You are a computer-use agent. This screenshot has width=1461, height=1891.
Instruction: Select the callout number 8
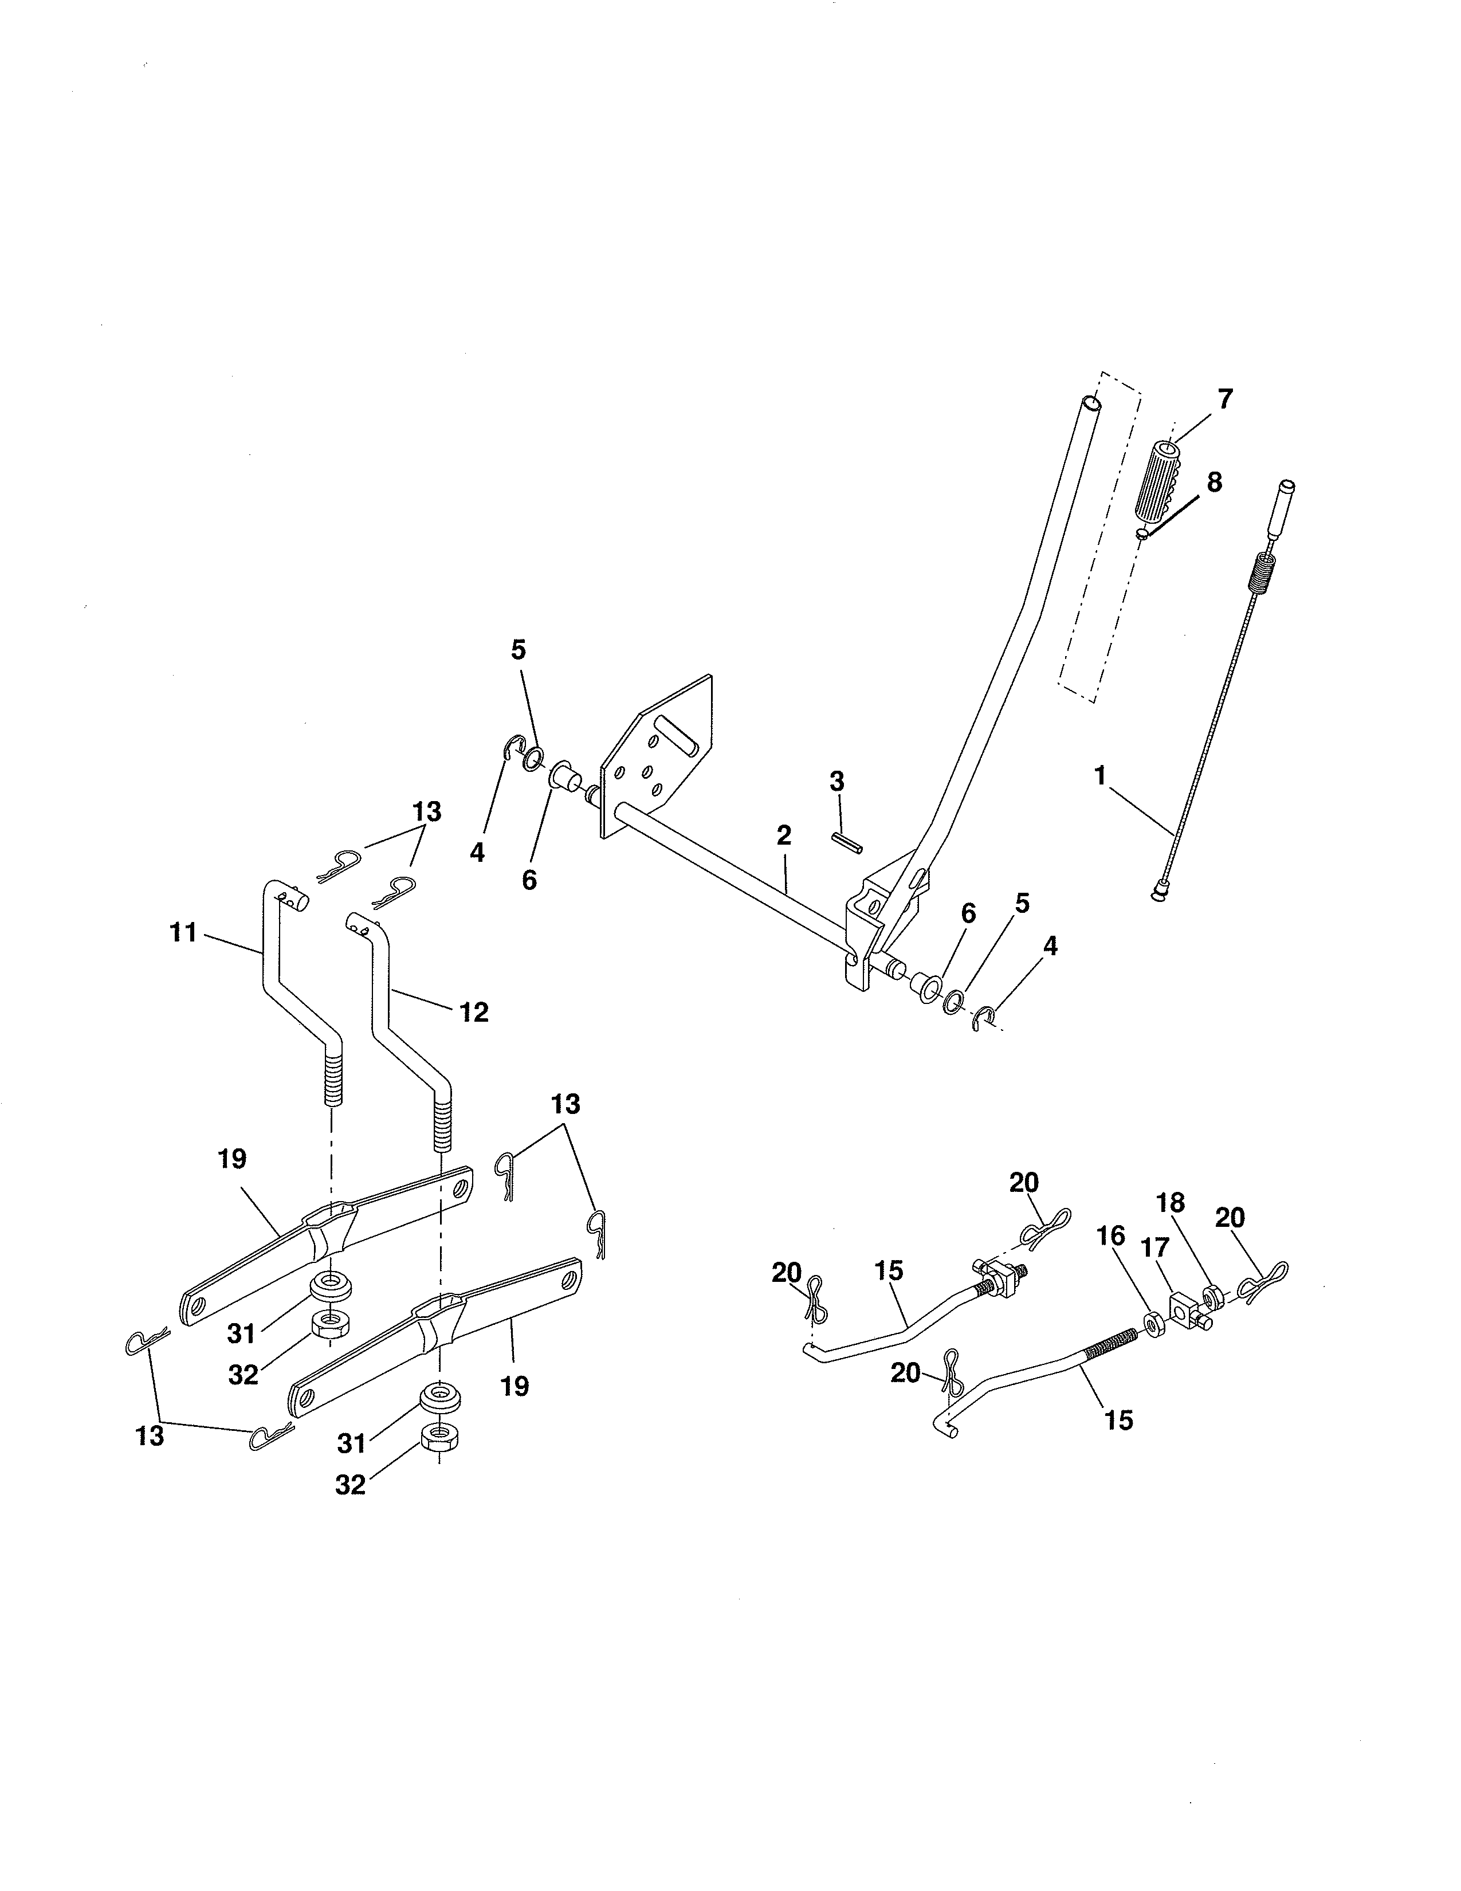pyautogui.click(x=1214, y=482)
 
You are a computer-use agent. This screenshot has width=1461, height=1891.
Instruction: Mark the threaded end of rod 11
pyautogui.click(x=333, y=1082)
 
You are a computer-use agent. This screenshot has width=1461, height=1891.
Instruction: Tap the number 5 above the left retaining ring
pyautogui.click(x=519, y=650)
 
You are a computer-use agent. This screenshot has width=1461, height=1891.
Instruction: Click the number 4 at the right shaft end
pyautogui.click(x=1050, y=945)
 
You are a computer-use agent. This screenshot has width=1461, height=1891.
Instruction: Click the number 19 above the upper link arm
pyautogui.click(x=232, y=1159)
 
